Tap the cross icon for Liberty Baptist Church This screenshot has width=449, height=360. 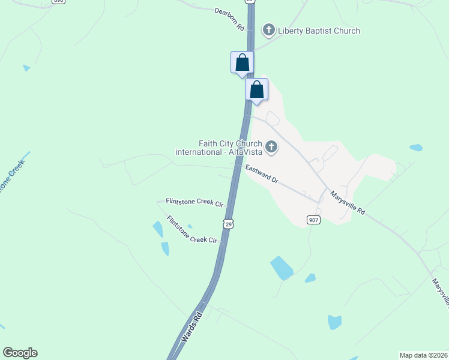[x=269, y=30]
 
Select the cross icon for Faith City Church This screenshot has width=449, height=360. [x=271, y=147]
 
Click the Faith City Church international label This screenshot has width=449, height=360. [x=218, y=148]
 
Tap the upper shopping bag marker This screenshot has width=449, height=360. [x=242, y=62]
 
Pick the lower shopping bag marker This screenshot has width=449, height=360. [x=256, y=89]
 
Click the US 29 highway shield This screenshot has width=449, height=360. [x=228, y=223]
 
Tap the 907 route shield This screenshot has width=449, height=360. [x=313, y=220]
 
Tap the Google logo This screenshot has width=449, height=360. [x=20, y=353]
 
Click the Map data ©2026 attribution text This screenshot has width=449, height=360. [x=423, y=355]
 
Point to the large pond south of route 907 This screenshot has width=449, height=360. [x=281, y=268]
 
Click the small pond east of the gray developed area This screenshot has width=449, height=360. [x=415, y=147]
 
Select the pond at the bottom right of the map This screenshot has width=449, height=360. [x=334, y=322]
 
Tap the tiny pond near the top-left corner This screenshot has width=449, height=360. [x=26, y=68]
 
